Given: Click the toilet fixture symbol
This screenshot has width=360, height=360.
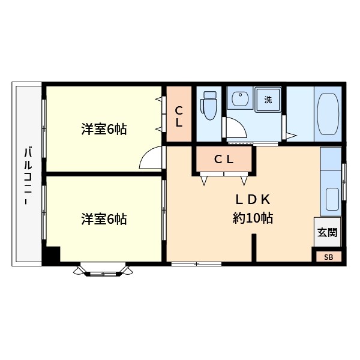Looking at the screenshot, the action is (208, 106).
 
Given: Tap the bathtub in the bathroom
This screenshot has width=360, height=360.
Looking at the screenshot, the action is (328, 114).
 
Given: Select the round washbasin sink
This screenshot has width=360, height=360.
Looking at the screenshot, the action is (240, 99).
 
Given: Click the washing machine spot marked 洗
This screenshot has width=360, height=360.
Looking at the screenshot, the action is (268, 100).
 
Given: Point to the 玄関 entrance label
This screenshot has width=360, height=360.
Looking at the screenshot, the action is (328, 232).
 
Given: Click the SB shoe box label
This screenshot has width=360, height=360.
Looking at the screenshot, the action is (329, 257).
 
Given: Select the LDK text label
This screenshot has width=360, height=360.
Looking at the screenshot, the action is (253, 200).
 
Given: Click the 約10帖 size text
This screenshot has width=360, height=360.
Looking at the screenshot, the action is (253, 218).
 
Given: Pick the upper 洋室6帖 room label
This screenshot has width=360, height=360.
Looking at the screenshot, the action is (104, 129).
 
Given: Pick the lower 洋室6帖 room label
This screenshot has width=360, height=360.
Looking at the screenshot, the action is (104, 219).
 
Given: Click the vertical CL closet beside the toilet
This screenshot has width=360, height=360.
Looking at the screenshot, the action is (179, 114).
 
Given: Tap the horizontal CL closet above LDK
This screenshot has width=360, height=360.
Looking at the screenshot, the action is (224, 159).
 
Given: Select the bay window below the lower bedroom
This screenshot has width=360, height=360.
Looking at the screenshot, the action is (103, 270).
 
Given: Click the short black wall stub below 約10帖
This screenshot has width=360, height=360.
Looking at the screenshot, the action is (254, 247).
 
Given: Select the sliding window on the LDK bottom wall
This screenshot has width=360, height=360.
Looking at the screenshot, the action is (197, 264).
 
